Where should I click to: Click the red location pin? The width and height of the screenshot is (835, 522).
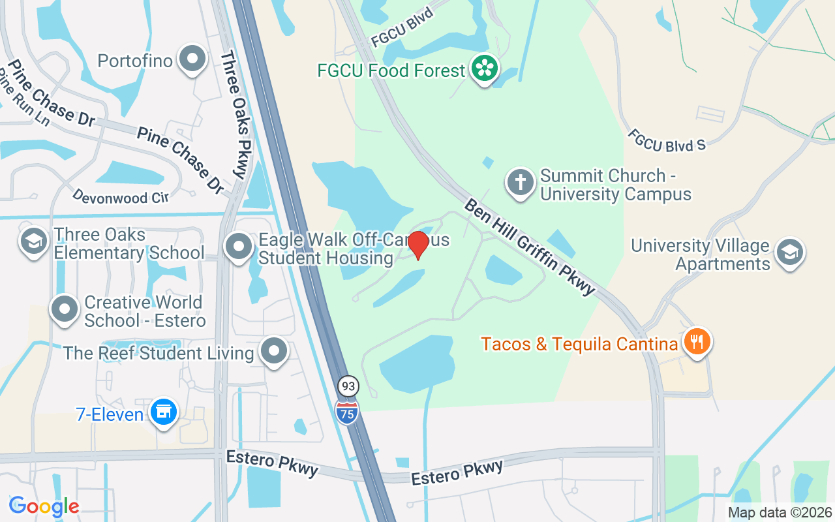point(417,245)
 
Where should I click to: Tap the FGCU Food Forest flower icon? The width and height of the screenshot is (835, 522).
point(485,69)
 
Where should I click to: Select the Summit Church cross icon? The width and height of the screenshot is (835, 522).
point(520,183)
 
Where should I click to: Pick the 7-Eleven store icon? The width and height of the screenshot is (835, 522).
point(163,412)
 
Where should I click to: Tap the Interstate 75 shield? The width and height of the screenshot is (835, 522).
point(347,411)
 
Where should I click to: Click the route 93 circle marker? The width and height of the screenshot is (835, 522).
point(348,386)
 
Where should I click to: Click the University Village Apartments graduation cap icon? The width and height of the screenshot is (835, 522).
point(790,252)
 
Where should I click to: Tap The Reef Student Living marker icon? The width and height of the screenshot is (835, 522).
point(275,352)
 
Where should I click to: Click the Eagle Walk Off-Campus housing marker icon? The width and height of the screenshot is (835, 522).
point(238,247)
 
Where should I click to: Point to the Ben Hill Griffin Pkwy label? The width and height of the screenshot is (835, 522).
point(530,247)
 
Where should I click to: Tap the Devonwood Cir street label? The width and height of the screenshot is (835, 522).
point(120,196)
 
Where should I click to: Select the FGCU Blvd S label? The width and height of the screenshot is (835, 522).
point(667,140)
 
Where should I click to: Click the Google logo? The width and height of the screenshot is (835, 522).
point(44,506)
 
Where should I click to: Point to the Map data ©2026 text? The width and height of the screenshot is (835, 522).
point(780,512)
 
